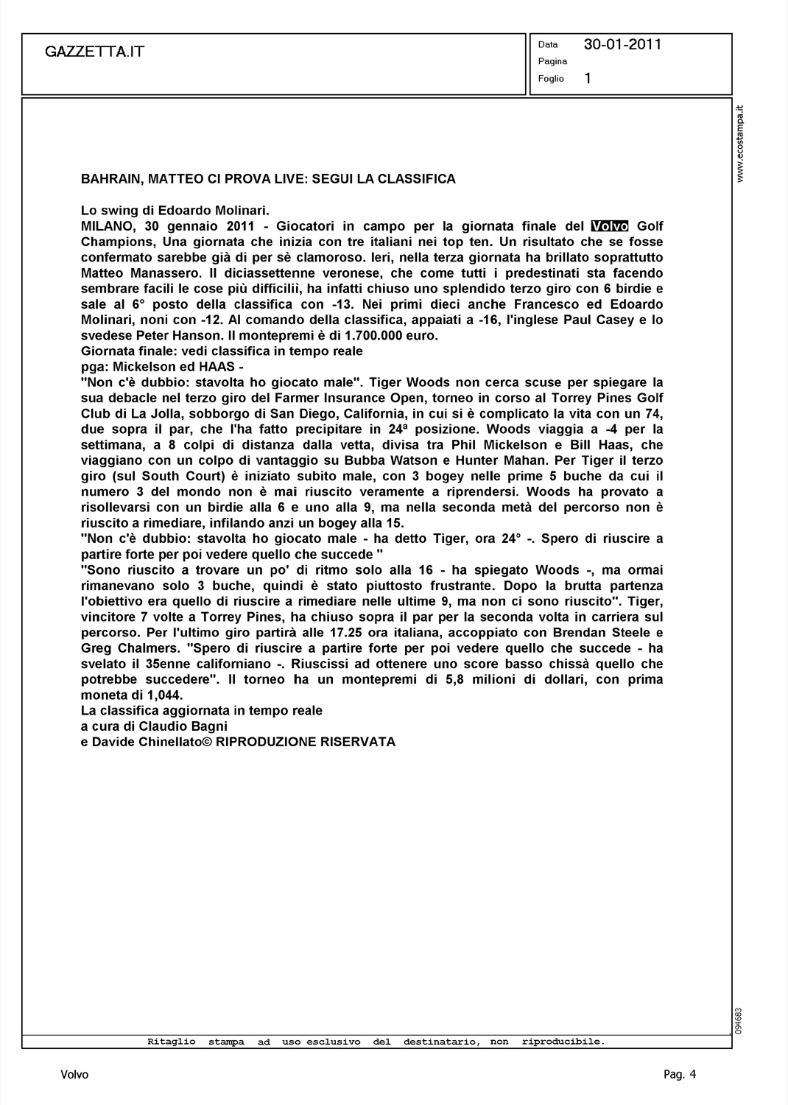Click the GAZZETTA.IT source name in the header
coord(95,52)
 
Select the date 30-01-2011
coord(622,44)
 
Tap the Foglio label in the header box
coord(551,79)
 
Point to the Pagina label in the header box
coord(552,61)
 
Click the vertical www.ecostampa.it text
coord(742,144)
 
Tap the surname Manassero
coord(154,273)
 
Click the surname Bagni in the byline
coord(199,726)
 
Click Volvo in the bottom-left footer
coord(74,1075)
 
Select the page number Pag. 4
coord(679,1075)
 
